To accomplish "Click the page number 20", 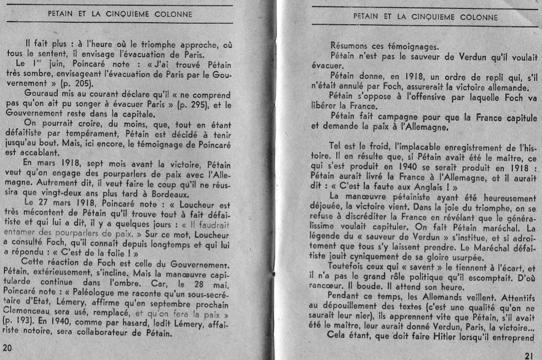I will [x=6, y=348].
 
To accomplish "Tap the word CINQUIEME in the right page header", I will [x=431, y=16].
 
